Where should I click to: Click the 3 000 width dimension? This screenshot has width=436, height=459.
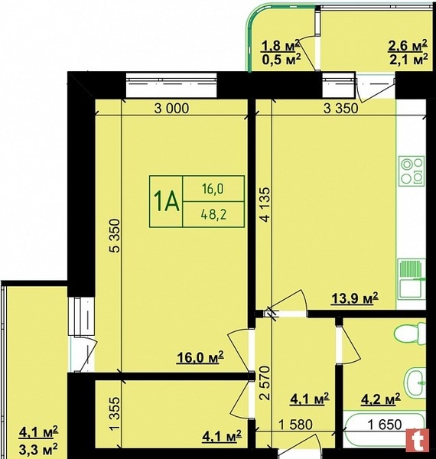172,109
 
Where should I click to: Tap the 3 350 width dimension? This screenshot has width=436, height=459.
341,109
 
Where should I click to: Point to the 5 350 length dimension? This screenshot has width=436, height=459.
116,236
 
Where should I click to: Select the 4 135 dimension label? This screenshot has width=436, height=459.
265,205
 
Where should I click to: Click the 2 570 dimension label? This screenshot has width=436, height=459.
265,383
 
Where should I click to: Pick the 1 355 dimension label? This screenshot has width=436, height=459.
116,414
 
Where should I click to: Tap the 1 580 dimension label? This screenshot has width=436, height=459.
295,424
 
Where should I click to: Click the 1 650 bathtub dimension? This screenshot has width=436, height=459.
385,424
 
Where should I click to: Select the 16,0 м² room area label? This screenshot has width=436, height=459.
200,357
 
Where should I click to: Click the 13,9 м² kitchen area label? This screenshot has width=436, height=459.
355,298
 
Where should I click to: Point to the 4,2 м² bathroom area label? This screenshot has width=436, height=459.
381,399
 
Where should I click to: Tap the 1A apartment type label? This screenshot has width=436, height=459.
166,202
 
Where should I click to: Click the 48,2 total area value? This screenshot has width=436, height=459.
214,215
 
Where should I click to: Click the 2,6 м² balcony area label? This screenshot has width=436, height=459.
408,46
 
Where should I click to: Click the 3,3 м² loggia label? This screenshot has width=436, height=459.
38,448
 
